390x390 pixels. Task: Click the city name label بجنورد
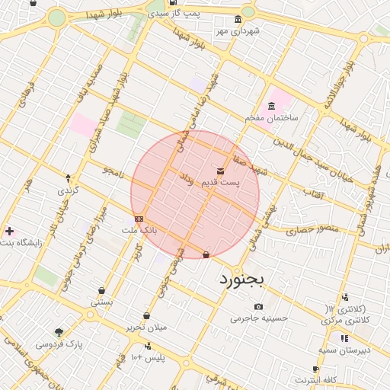tap(241, 280)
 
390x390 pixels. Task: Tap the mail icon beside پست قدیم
tap(221, 171)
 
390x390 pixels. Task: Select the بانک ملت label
tap(139, 229)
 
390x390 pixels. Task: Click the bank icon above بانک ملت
tap(139, 219)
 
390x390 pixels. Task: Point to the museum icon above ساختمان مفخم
tap(271, 106)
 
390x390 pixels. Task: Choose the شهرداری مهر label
tap(237, 30)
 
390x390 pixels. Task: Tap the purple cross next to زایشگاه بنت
tap(9, 230)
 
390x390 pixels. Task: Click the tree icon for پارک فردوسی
tap(59, 332)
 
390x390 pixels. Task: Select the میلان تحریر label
tap(146, 328)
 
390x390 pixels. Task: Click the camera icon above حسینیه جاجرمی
tap(259, 307)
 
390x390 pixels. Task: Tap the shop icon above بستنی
tap(101, 290)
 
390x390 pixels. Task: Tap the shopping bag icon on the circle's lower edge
tap(206, 254)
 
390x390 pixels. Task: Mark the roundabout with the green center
tap(57, 18)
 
